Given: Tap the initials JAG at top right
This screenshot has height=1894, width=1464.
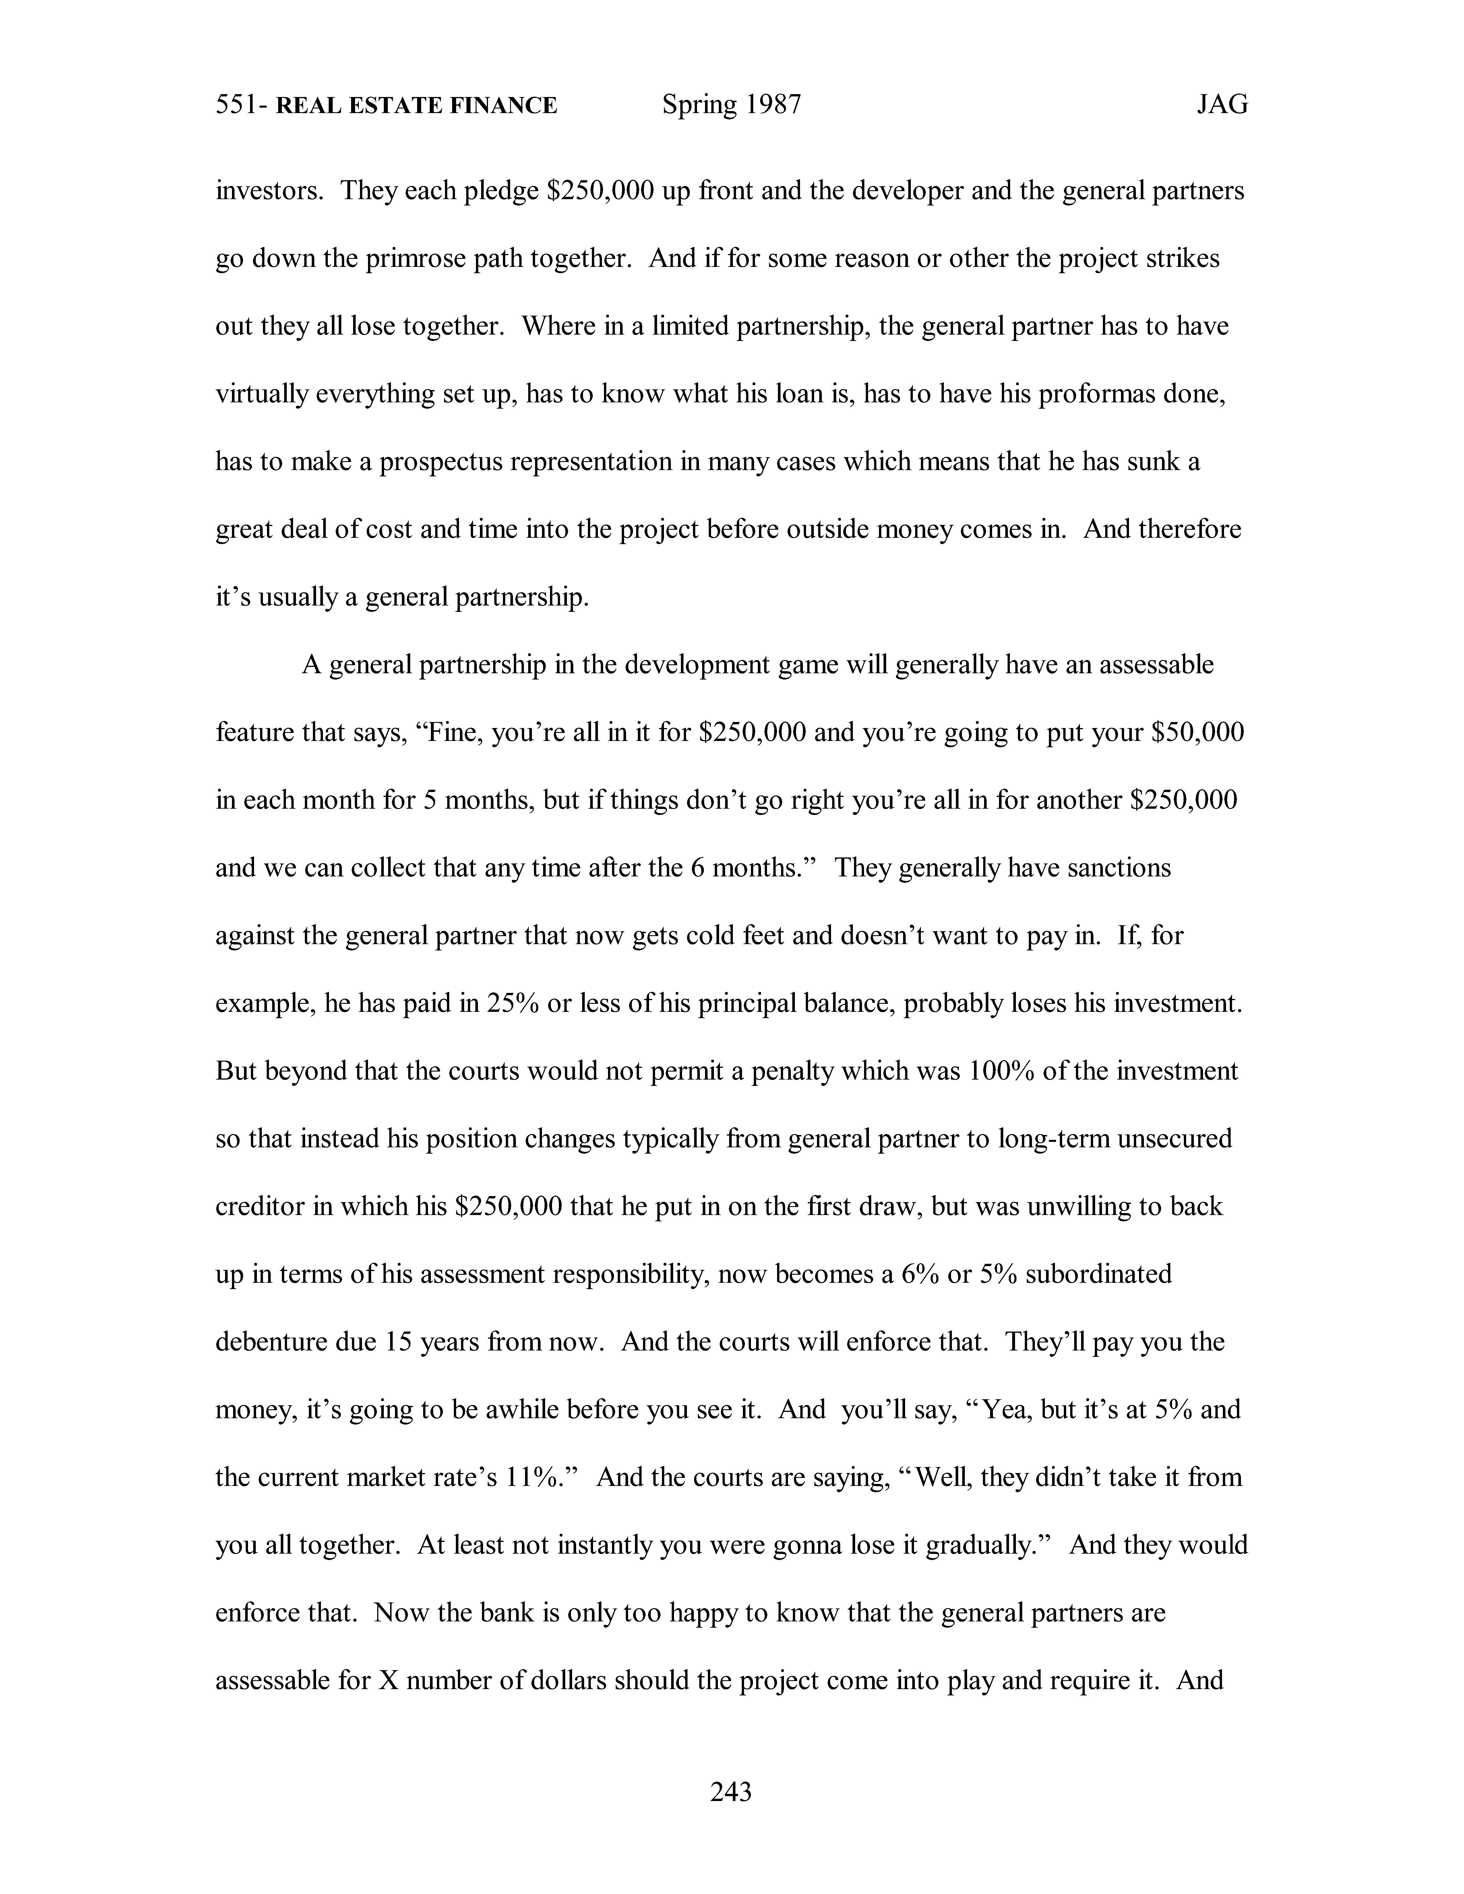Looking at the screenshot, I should pos(1222,106).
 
